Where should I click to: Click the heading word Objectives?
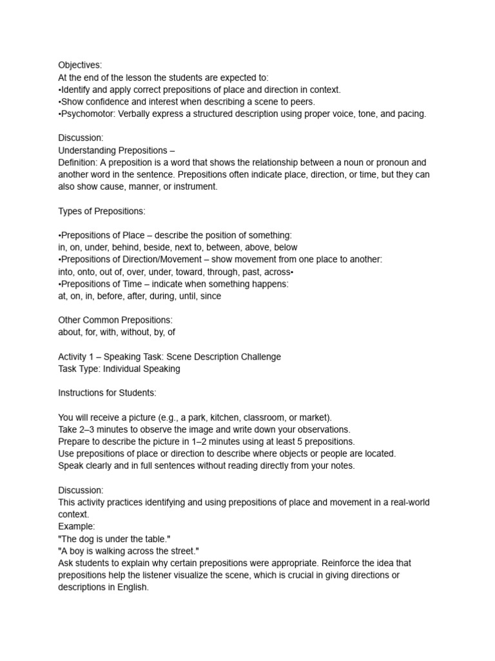[x=80, y=65]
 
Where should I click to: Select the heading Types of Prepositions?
[x=102, y=211]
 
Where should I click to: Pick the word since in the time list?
[x=209, y=296]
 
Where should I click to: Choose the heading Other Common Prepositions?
[x=115, y=320]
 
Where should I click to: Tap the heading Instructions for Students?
[x=107, y=393]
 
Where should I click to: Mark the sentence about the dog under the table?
[x=114, y=539]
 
